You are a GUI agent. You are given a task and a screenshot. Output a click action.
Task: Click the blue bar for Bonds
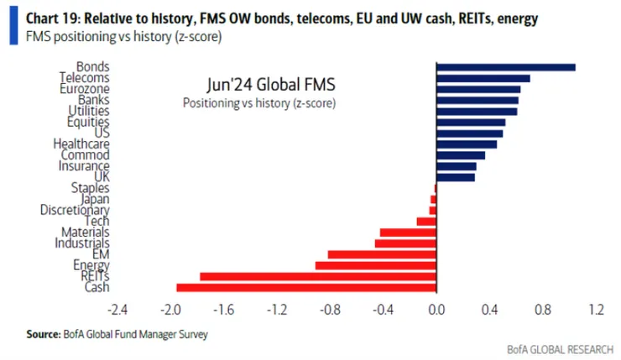click(505, 67)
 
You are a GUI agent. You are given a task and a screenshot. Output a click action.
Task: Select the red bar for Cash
click(305, 287)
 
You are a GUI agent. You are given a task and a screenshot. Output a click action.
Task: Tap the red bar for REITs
click(317, 276)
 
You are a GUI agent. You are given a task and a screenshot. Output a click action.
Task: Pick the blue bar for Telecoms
click(483, 78)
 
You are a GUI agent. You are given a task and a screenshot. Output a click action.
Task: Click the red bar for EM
click(381, 254)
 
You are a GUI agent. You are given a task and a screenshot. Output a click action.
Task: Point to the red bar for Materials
click(407, 232)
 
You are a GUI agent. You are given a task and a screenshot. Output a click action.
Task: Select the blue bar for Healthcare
click(466, 143)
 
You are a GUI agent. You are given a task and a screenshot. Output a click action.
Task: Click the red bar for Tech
click(426, 222)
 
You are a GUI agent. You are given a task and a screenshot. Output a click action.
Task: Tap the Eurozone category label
click(84, 89)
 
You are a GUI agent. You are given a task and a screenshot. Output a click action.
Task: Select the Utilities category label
click(88, 111)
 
